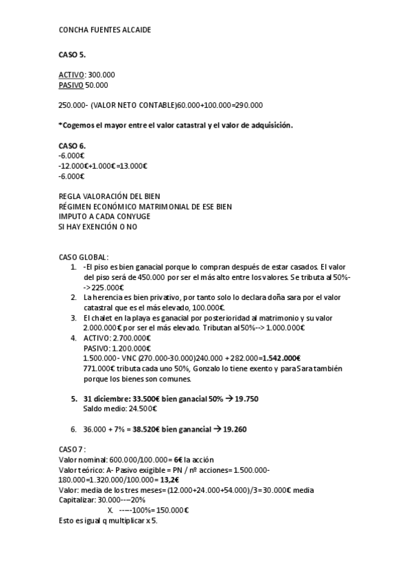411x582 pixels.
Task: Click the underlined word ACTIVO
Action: pyautogui.click(x=72, y=74)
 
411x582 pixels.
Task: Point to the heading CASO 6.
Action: pyautogui.click(x=72, y=146)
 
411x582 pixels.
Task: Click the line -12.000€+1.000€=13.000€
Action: pyautogui.click(x=104, y=165)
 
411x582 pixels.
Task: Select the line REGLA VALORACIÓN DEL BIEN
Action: pyautogui.click(x=109, y=196)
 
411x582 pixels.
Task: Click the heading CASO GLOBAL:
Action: pyautogui.click(x=83, y=257)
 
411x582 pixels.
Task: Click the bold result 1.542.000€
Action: pyautogui.click(x=282, y=358)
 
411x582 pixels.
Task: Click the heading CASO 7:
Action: pyautogui.click(x=73, y=448)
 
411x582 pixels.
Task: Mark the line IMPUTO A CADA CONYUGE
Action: pyautogui.click(x=104, y=216)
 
